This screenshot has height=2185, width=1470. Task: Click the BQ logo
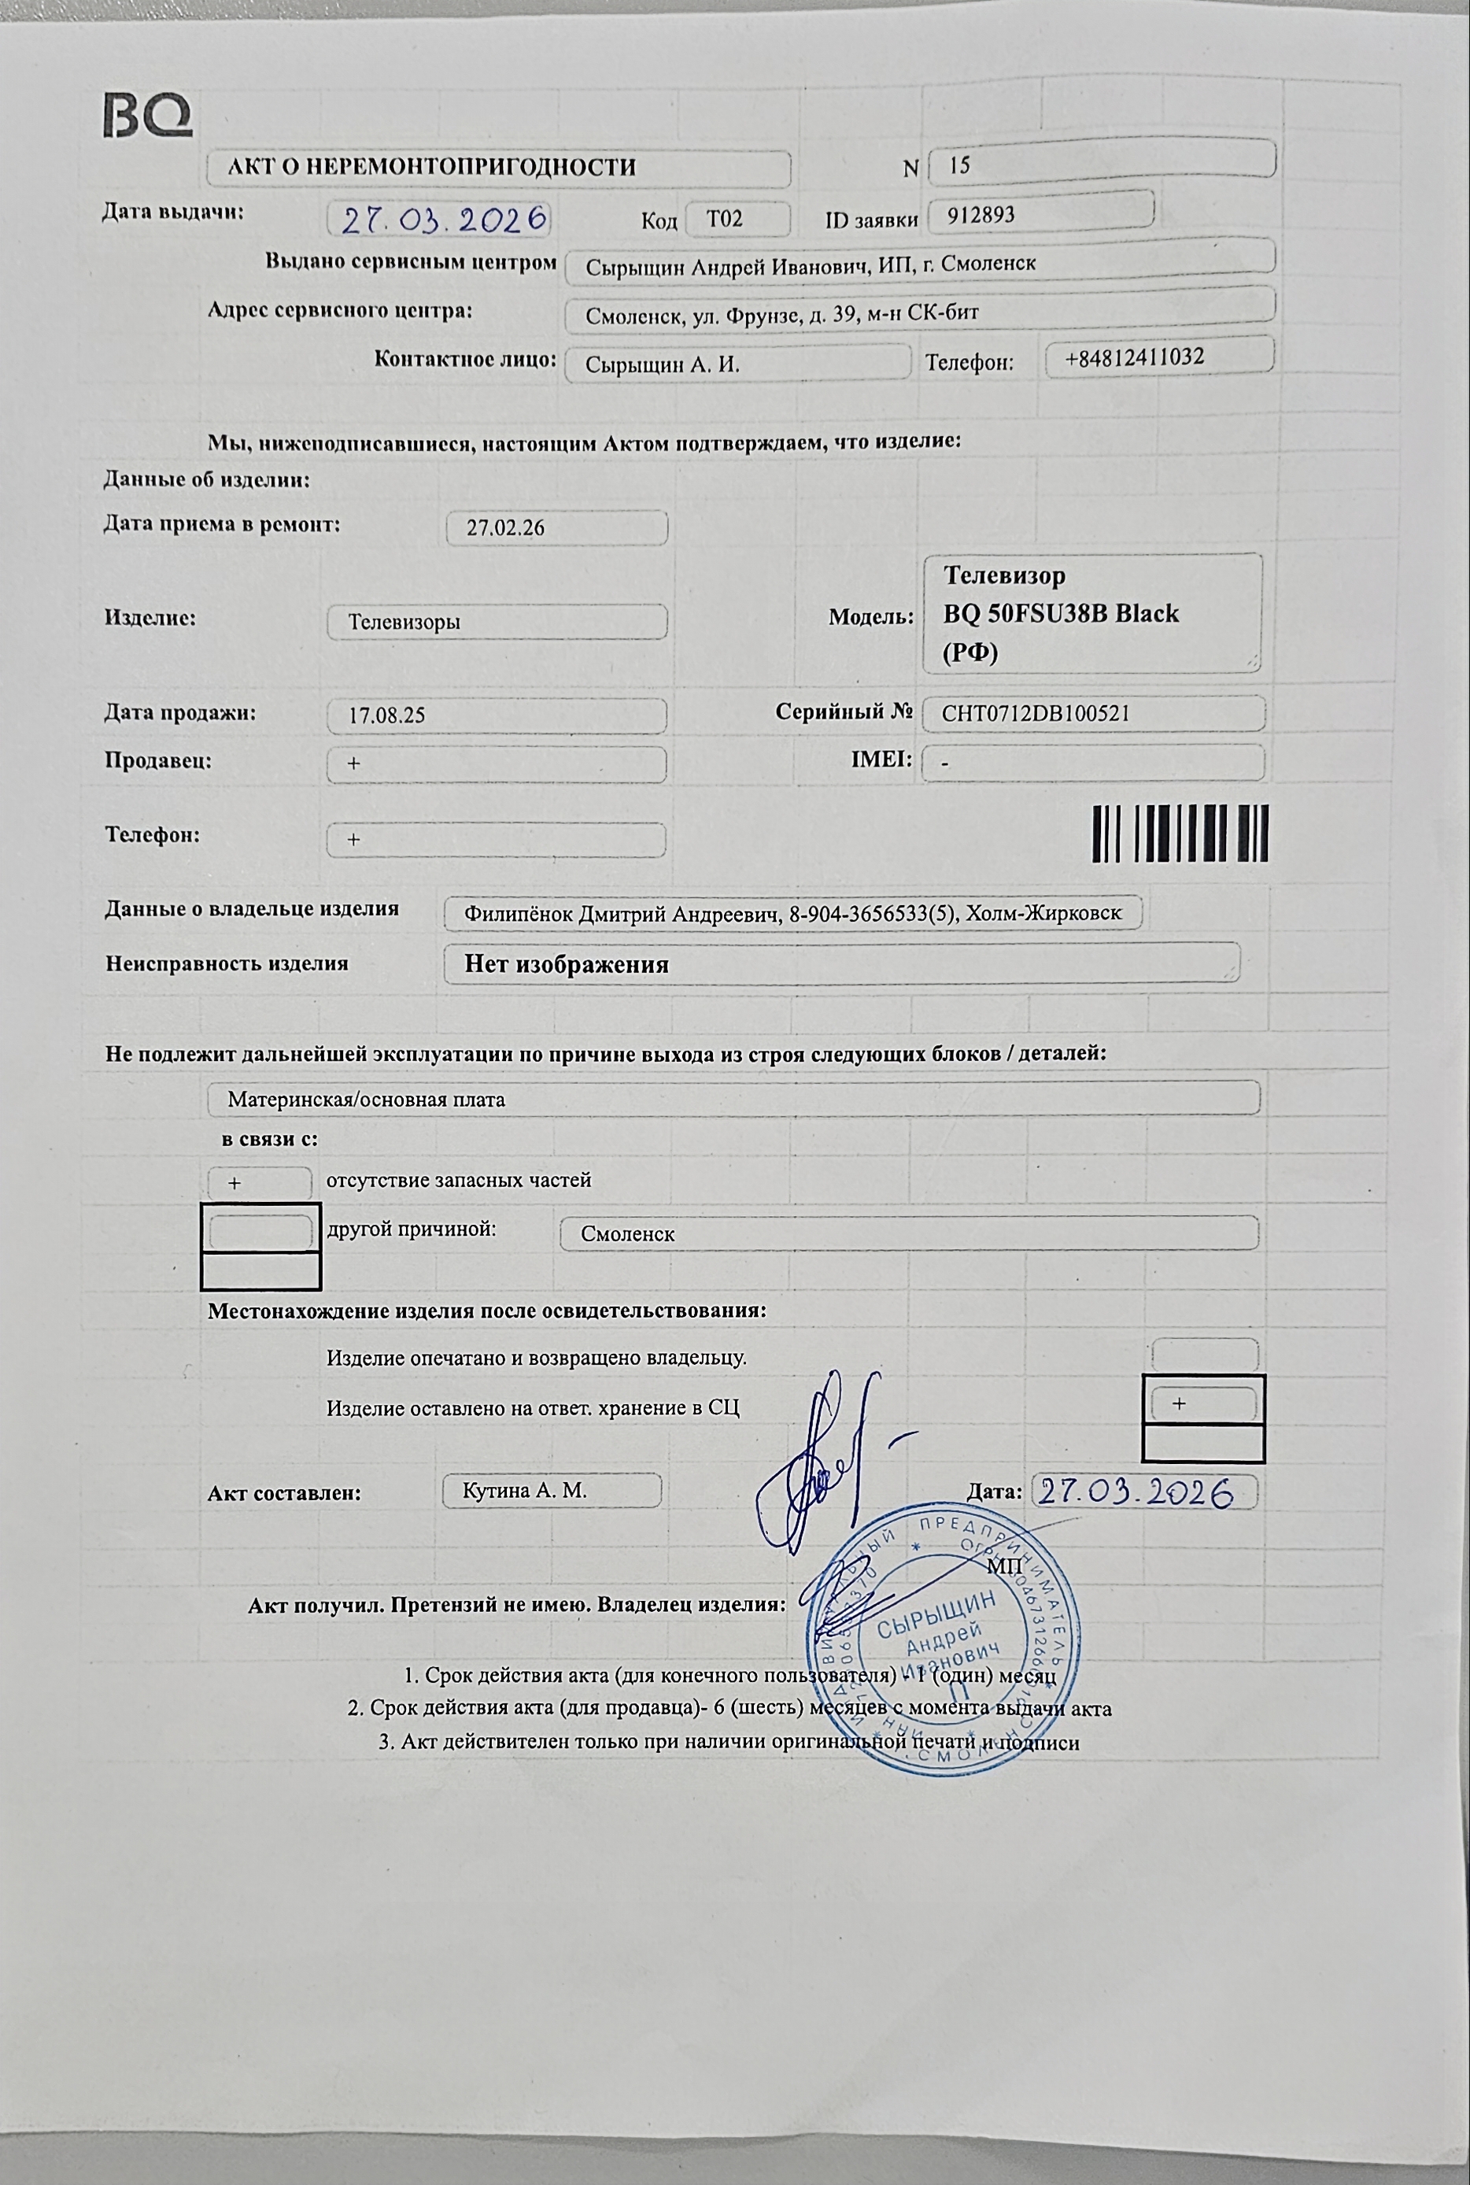[147, 116]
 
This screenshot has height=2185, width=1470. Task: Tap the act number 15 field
[1101, 165]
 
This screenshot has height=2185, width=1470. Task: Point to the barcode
[1180, 833]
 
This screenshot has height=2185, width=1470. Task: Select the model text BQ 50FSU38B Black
[1060, 613]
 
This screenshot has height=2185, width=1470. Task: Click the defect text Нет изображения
[567, 964]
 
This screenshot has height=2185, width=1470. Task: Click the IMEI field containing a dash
[1092, 763]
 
